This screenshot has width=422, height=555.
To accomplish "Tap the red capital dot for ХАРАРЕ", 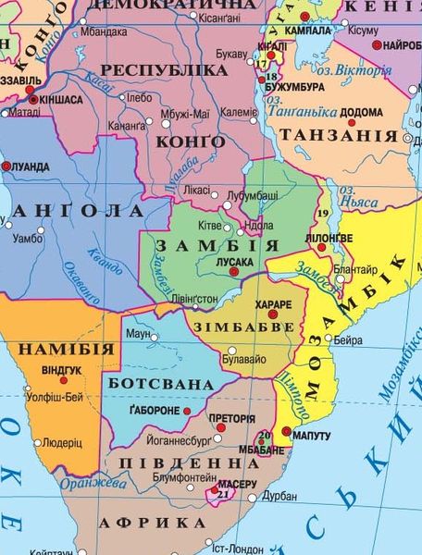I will coord(274,315).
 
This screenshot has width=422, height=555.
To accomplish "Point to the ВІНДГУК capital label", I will coord(62,370).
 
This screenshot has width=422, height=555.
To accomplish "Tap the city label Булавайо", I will coord(253,356).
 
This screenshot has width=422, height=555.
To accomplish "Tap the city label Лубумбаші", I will coord(254,195).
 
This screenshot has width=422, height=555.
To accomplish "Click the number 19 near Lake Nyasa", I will coord(322,215).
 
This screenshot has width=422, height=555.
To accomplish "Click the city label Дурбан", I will coord(280,497).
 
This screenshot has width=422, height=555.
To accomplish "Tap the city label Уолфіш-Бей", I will coord(55,398).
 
